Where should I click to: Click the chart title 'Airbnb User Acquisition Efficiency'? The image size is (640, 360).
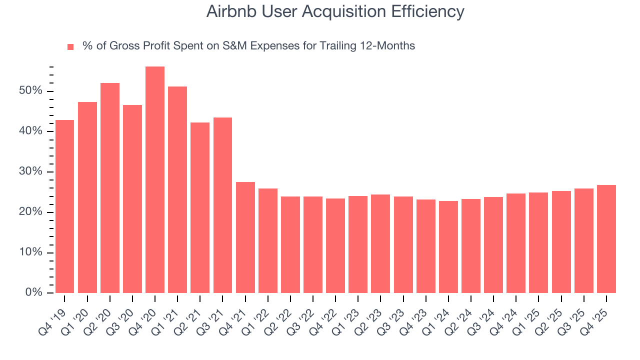click(335, 12)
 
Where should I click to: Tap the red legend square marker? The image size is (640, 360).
click(70, 46)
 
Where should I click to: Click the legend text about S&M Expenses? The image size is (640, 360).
click(248, 46)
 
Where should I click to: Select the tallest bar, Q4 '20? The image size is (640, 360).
click(155, 180)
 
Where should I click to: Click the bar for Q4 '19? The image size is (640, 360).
click(64, 206)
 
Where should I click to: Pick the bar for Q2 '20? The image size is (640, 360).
click(110, 188)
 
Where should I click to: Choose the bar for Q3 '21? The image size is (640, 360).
click(222, 205)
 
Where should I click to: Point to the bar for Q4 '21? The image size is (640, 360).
click(245, 237)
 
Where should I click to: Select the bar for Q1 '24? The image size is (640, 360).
click(448, 247)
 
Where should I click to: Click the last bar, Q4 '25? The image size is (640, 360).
click(606, 239)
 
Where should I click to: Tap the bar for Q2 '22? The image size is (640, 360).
click(290, 244)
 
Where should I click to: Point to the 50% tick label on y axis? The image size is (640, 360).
click(31, 91)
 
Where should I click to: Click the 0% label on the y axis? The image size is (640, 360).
click(33, 292)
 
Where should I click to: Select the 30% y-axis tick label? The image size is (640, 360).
click(31, 171)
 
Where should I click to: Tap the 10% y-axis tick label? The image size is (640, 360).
click(31, 252)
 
